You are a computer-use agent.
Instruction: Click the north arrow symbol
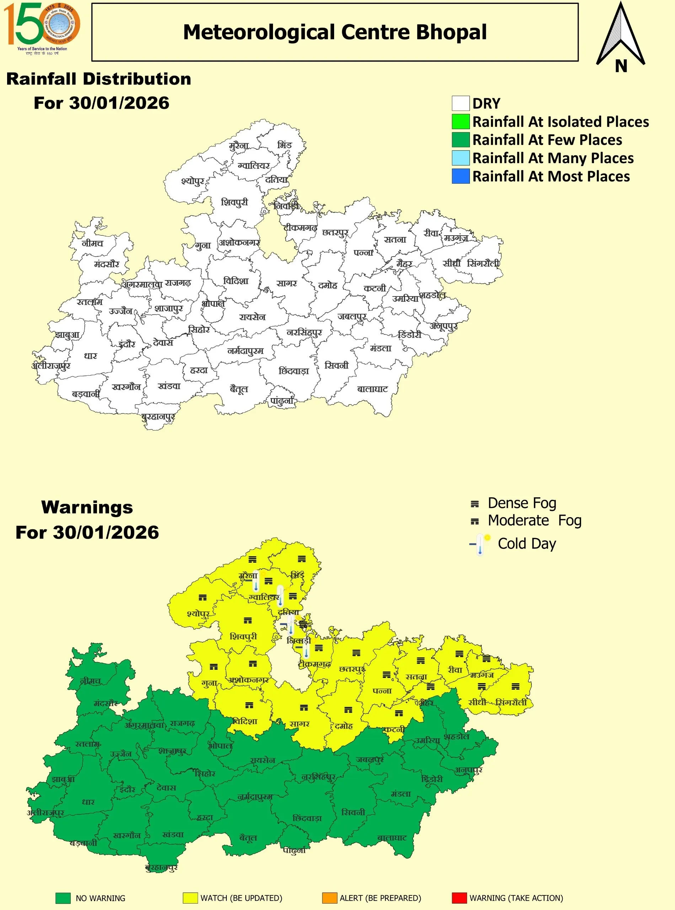click(x=620, y=37)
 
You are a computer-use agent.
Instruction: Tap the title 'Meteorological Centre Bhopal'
click(x=334, y=32)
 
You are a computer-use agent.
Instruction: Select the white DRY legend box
click(x=461, y=103)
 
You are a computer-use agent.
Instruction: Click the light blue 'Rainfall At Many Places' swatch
click(x=461, y=158)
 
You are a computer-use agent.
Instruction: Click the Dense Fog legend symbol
click(x=475, y=504)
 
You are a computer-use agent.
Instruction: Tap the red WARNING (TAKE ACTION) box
click(x=459, y=898)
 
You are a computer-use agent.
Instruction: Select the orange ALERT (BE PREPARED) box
click(x=330, y=898)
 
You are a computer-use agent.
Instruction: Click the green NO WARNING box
click(x=63, y=898)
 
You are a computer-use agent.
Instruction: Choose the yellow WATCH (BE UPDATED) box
click(x=190, y=898)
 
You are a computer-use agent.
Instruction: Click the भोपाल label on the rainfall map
click(x=213, y=304)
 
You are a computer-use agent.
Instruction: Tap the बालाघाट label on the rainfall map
click(x=372, y=389)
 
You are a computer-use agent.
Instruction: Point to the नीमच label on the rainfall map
click(x=92, y=243)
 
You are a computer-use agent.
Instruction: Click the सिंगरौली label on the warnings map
click(x=511, y=702)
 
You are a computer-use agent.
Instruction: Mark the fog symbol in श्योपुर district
click(x=203, y=598)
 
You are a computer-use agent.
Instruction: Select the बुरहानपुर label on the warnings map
click(x=161, y=867)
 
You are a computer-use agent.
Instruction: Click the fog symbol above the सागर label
click(x=304, y=707)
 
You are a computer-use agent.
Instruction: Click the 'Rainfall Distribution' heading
click(x=98, y=79)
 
